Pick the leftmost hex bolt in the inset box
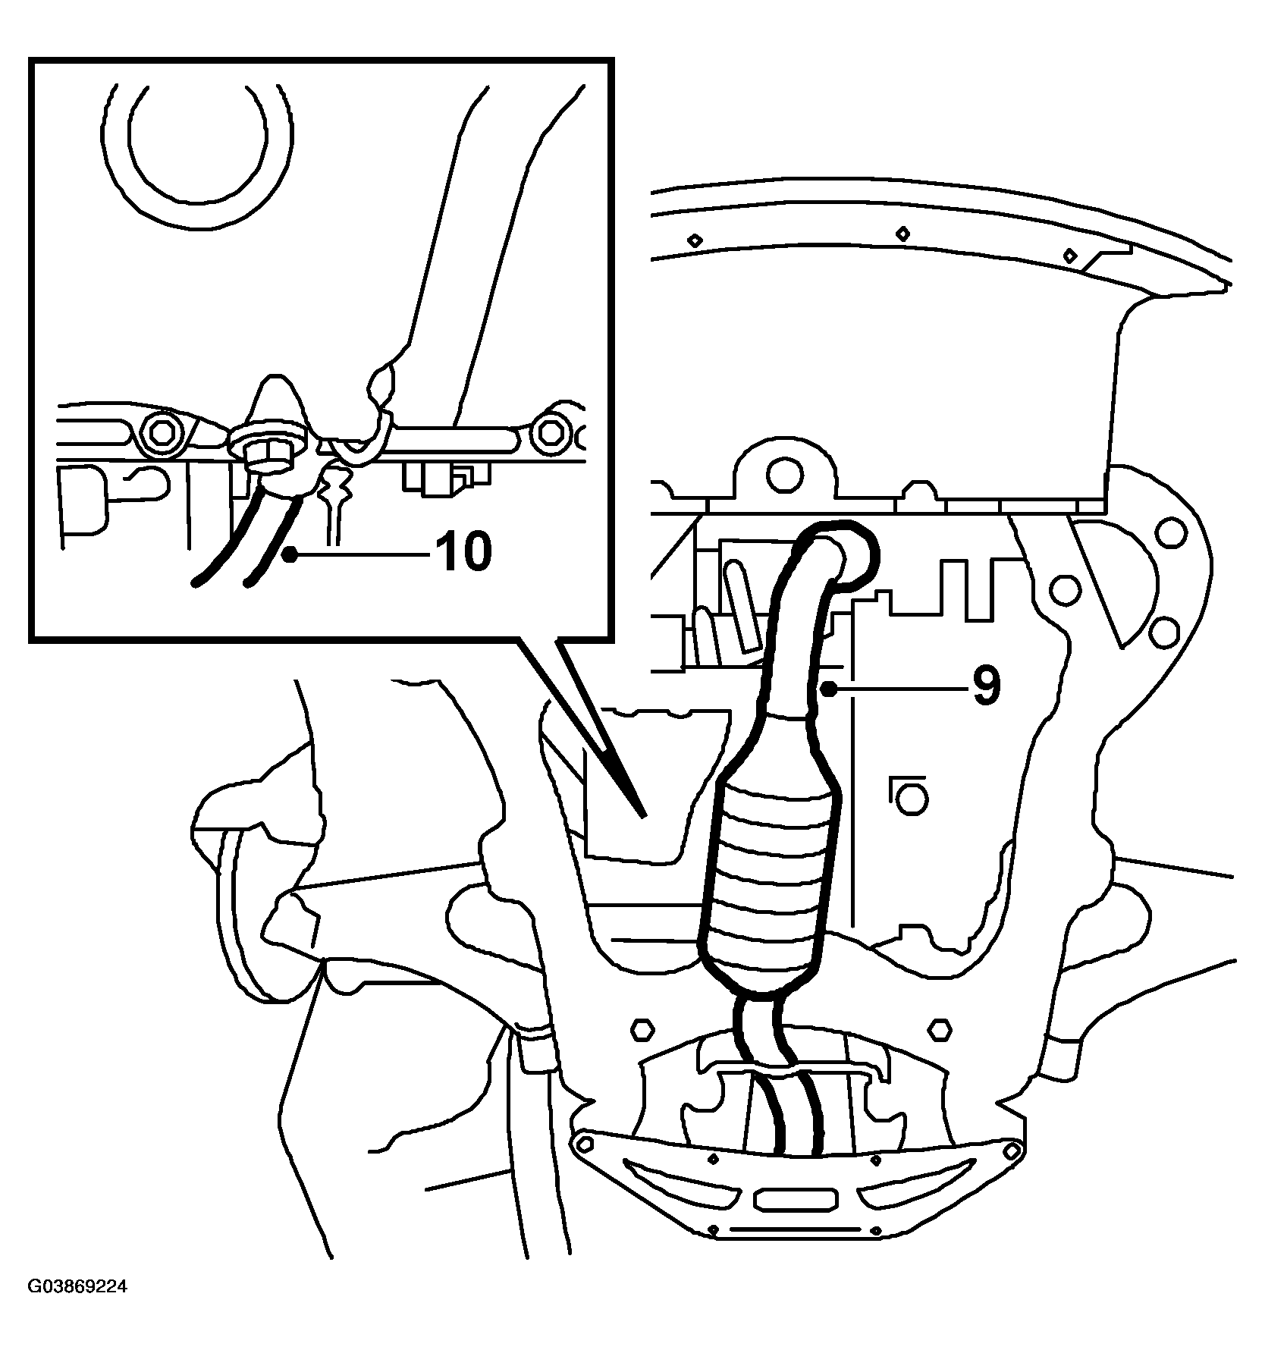[x=161, y=433]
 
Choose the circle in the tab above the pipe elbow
[x=783, y=476]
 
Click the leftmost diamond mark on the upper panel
[x=694, y=240]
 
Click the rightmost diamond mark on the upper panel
[x=1069, y=254]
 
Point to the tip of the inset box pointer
[x=645, y=817]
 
